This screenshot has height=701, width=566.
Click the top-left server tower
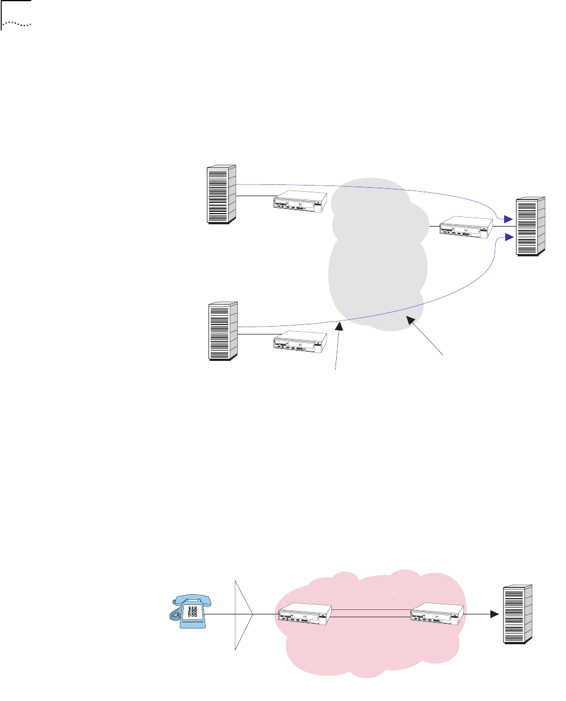[221, 195]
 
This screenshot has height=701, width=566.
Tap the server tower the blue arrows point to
[531, 227]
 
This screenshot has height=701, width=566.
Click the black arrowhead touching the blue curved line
[338, 327]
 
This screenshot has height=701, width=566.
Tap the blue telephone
[190, 610]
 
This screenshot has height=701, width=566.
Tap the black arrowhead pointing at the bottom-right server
[493, 614]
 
